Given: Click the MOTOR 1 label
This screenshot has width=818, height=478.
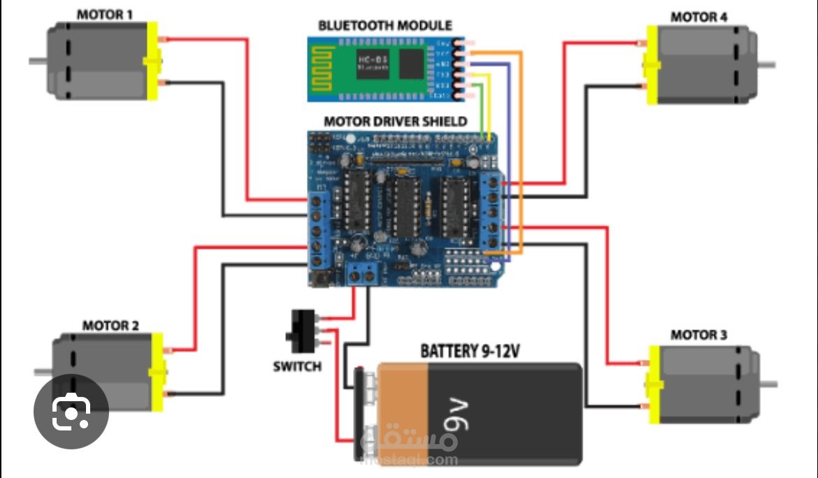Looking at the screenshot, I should tap(104, 14).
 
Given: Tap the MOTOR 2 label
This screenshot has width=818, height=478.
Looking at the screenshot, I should tap(110, 325).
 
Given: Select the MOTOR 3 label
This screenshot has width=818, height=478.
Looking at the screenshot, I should tap(698, 335).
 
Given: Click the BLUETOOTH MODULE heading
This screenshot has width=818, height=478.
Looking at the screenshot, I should tap(385, 25).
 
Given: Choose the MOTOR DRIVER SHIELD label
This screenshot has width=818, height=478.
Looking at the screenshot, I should tap(396, 121).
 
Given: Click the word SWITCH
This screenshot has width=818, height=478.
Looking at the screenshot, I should tap(297, 366).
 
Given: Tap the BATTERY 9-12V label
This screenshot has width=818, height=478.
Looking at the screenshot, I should tap(470, 351).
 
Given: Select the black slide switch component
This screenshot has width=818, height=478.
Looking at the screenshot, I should tap(302, 331).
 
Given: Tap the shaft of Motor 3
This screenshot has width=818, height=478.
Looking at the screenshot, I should tap(768, 384).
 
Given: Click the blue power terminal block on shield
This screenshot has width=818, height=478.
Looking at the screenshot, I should tap(363, 273).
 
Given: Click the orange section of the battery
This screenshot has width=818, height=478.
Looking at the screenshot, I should tap(402, 405).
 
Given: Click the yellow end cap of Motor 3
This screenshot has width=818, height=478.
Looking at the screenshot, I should tap(654, 384).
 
